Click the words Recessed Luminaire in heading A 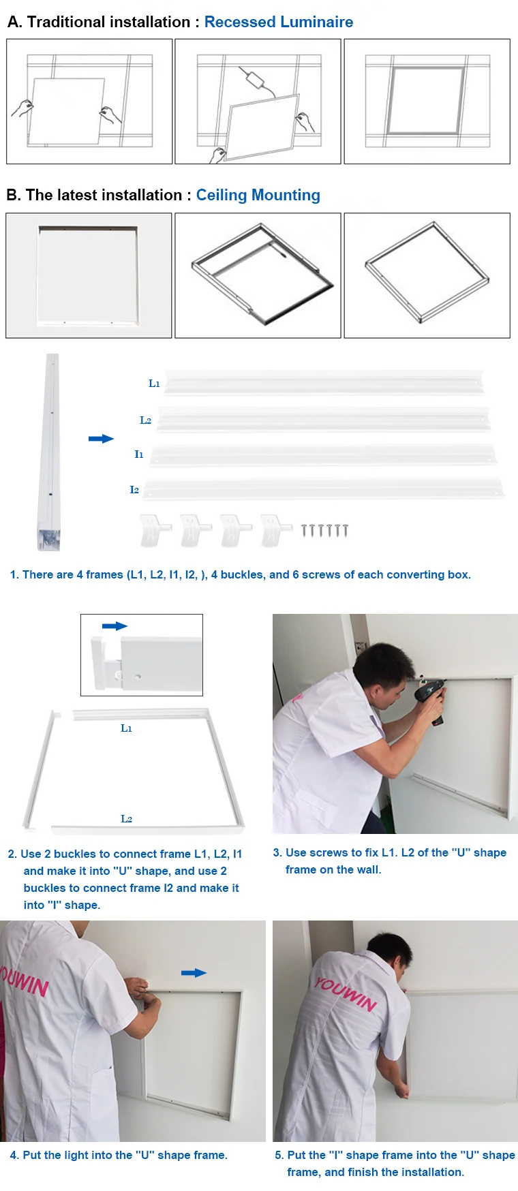click(x=278, y=22)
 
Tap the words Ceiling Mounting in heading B click(x=258, y=195)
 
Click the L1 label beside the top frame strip click(x=154, y=384)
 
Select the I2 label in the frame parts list click(x=134, y=490)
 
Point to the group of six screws click(x=325, y=529)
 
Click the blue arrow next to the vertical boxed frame click(x=101, y=439)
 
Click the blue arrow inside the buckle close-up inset click(x=115, y=625)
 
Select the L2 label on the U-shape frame click(x=126, y=818)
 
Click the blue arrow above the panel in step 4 click(x=194, y=972)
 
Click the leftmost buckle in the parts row click(x=155, y=529)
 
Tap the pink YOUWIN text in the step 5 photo click(x=345, y=993)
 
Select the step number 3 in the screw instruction click(x=277, y=852)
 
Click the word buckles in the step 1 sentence click(x=241, y=574)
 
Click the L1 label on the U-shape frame click(x=126, y=728)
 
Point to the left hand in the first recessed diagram click(x=23, y=108)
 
